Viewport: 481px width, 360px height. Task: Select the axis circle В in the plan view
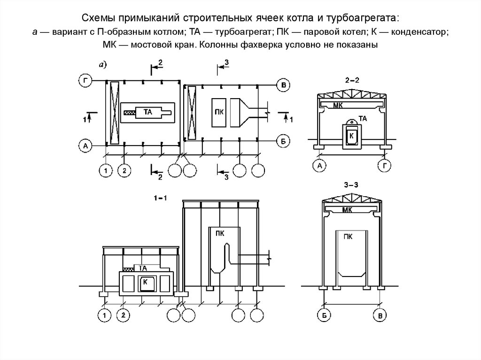pyautogui.click(x=283, y=85)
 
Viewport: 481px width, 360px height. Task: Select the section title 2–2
pyautogui.click(x=351, y=81)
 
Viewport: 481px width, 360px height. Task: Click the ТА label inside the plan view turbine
pyautogui.click(x=147, y=112)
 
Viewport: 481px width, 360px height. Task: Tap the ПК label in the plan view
pyautogui.click(x=218, y=112)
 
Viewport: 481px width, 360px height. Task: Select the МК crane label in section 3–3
pyautogui.click(x=348, y=210)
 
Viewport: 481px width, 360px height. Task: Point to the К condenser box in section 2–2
pyautogui.click(x=351, y=136)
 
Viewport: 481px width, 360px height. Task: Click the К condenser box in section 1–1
pyautogui.click(x=146, y=282)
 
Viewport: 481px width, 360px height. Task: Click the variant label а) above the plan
pyautogui.click(x=102, y=66)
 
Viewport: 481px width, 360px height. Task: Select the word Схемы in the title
pyautogui.click(x=103, y=18)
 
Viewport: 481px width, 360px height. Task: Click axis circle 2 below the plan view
pyautogui.click(x=124, y=170)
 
